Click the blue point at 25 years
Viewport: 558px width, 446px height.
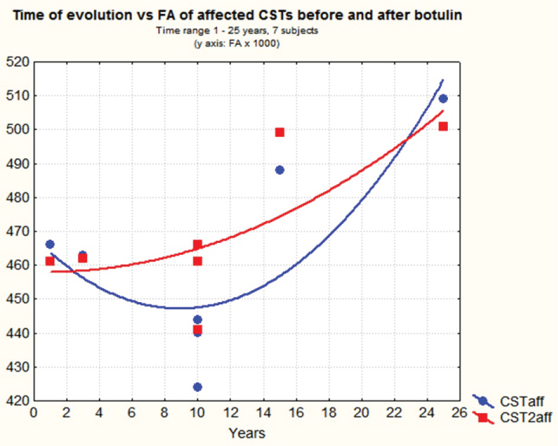(443, 98)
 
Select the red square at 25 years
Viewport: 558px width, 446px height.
(443, 127)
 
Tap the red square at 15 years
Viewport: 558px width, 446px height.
(279, 132)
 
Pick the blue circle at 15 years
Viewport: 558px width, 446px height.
(279, 170)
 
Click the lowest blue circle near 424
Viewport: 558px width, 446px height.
(197, 387)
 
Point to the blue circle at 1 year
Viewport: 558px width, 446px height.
(50, 245)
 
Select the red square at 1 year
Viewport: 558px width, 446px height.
(50, 261)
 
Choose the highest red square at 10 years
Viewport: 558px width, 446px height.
(197, 245)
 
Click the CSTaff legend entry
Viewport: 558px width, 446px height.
(516, 400)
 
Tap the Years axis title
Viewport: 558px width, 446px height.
(246, 433)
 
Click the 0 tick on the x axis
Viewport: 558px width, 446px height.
(34, 412)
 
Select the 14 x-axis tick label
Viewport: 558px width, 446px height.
(263, 412)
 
